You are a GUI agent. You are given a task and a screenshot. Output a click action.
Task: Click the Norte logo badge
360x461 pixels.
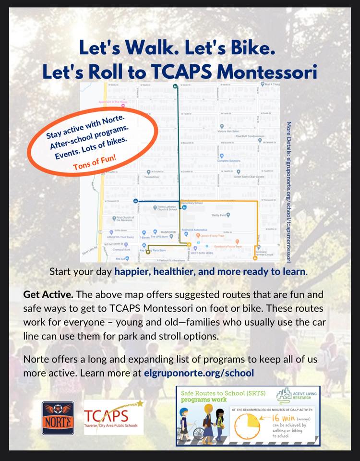pyautogui.click(x=58, y=418)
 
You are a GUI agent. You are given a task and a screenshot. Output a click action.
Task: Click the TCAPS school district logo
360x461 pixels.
pyautogui.click(x=114, y=417)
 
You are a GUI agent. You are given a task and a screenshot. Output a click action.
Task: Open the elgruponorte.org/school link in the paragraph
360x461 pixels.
pyautogui.click(x=199, y=373)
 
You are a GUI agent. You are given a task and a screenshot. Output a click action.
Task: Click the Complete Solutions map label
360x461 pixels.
pyautogui.click(x=228, y=160)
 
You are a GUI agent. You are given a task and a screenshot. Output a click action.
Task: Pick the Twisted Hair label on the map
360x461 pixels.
pyautogui.click(x=152, y=177)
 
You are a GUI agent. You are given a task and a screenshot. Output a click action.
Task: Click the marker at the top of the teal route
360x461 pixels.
pyautogui.click(x=175, y=86)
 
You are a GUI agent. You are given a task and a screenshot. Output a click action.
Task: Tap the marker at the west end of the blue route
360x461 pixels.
pyautogui.click(x=135, y=201)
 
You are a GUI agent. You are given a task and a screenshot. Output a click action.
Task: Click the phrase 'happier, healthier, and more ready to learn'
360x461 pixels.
pyautogui.click(x=210, y=271)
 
